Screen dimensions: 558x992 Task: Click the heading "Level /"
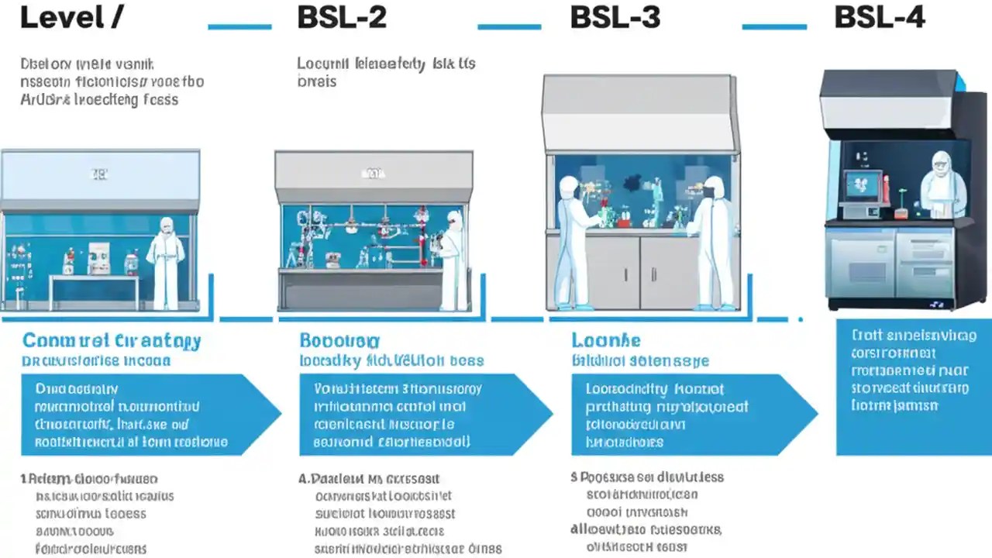70,17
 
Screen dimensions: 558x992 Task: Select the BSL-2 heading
342,17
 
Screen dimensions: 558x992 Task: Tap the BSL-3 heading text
615,17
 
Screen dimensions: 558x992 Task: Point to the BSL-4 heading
880,17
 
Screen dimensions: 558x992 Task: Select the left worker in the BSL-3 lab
574,240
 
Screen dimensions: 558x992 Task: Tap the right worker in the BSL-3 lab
711,240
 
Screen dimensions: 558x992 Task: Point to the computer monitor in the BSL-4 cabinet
863,186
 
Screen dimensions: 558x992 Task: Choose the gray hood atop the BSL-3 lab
639,112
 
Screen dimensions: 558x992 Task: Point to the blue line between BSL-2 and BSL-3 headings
509,26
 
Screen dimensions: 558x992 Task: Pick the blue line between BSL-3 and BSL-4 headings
774,26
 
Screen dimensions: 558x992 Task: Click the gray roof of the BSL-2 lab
374,167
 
